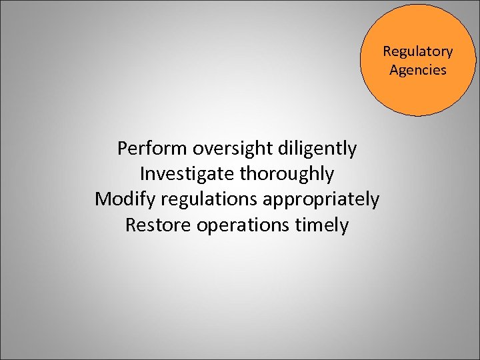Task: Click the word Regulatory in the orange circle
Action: pyautogui.click(x=417, y=52)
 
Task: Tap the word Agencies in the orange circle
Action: pyautogui.click(x=418, y=70)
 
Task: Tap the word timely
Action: pyautogui.click(x=323, y=225)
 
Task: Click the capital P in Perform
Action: pyautogui.click(x=123, y=148)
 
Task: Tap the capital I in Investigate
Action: pyautogui.click(x=143, y=174)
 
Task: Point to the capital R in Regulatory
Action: pyautogui.click(x=387, y=52)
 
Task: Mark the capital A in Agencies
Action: pyautogui.click(x=394, y=69)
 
